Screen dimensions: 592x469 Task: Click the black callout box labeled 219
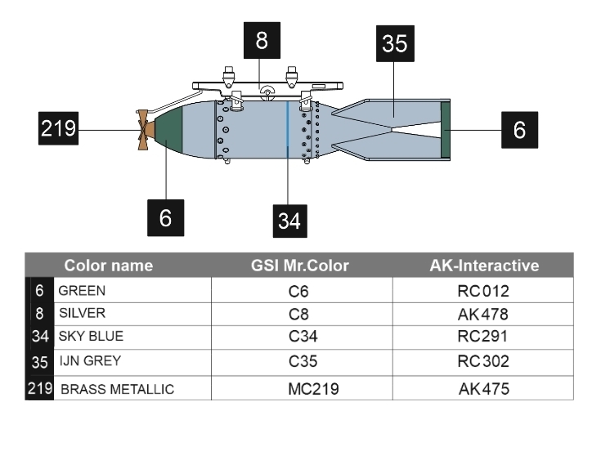click(x=59, y=128)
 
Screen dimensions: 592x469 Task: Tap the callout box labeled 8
click(x=262, y=40)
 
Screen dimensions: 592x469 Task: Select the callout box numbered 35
click(x=395, y=44)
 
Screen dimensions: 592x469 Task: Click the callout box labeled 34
click(x=290, y=221)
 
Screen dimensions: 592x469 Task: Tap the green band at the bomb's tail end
click(x=446, y=130)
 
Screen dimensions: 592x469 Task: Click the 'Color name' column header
click(x=109, y=266)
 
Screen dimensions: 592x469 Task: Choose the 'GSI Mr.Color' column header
click(x=300, y=266)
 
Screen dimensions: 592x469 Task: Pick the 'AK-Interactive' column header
click(x=484, y=266)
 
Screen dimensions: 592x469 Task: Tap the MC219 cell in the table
click(x=313, y=389)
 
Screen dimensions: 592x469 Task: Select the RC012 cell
click(x=483, y=291)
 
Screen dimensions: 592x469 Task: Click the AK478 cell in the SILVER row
click(x=483, y=314)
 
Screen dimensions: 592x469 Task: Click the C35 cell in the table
click(x=303, y=361)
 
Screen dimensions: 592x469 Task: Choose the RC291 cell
click(x=483, y=336)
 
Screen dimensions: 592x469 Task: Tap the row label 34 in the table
click(x=40, y=336)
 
